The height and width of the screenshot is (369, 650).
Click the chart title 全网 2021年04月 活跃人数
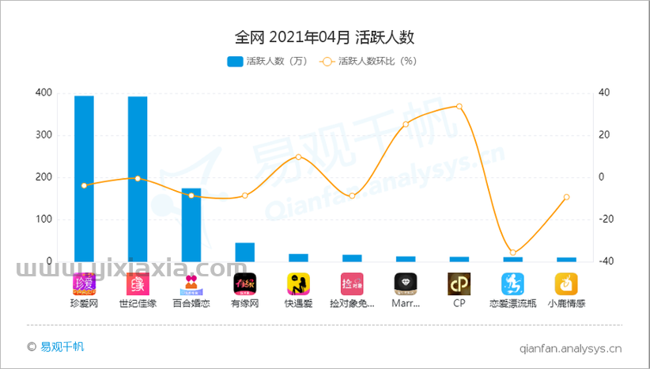[325, 36]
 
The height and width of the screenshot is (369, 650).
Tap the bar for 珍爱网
[84, 178]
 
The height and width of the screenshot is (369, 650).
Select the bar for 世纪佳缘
[138, 178]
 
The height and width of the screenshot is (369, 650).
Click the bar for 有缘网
[244, 252]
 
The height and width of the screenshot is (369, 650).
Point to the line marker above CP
[459, 106]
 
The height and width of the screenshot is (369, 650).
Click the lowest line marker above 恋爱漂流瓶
[512, 253]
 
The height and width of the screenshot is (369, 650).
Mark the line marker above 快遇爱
[298, 156]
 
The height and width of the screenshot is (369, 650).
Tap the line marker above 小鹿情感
[566, 197]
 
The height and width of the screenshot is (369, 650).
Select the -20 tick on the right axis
[605, 219]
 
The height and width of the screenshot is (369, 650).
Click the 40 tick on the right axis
[603, 93]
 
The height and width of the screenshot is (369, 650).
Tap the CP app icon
[459, 283]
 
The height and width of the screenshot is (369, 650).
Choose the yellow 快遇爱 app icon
[298, 283]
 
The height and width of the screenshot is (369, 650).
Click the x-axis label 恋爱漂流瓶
[512, 303]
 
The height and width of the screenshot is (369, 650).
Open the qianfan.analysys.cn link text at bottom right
[571, 347]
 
